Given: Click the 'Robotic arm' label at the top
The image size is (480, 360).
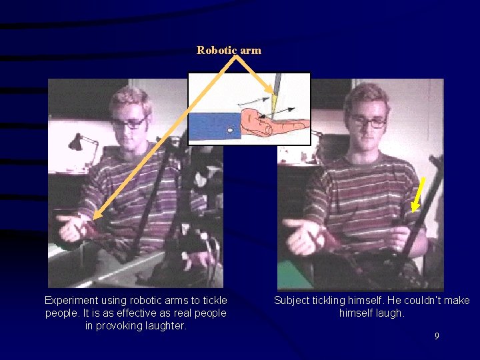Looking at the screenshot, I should pyautogui.click(x=229, y=50).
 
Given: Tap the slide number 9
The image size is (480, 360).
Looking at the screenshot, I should pyautogui.click(x=437, y=336).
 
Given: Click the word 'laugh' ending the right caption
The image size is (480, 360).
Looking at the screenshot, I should pyautogui.click(x=387, y=313).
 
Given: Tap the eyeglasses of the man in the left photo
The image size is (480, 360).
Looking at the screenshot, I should pyautogui.click(x=129, y=123).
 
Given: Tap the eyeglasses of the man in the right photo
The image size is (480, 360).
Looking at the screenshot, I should pyautogui.click(x=367, y=122).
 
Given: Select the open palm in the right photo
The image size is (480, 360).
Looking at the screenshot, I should pyautogui.click(x=303, y=234).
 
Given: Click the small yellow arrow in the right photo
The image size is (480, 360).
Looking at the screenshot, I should pyautogui.click(x=418, y=195).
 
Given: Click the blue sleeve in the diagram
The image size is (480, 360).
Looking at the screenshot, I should pyautogui.click(x=213, y=126).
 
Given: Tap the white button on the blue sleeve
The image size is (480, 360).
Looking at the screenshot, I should pyautogui.click(x=230, y=131).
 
